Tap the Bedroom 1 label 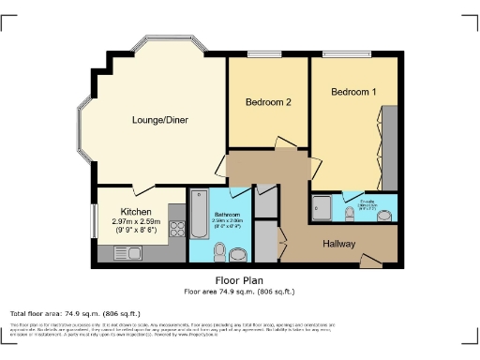(x=353, y=92)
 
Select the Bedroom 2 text (x=268, y=102)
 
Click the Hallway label (x=339, y=243)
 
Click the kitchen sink (x=126, y=252)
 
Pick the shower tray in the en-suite (x=322, y=208)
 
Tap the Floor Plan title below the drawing (x=237, y=279)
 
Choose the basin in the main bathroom (x=238, y=254)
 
